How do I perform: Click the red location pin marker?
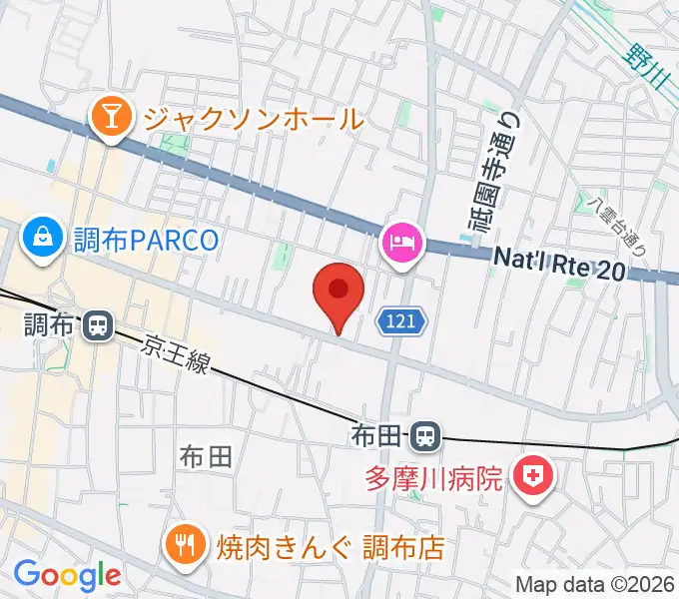pos(338,292)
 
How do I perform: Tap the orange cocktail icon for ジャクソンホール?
pos(111,119)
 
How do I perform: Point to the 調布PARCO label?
pos(145,240)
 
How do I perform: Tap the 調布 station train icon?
pos(98,324)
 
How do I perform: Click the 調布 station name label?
pos(47,324)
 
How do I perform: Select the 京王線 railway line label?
pos(177,353)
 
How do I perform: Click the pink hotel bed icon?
pos(402,244)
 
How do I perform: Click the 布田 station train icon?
pos(425,435)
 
